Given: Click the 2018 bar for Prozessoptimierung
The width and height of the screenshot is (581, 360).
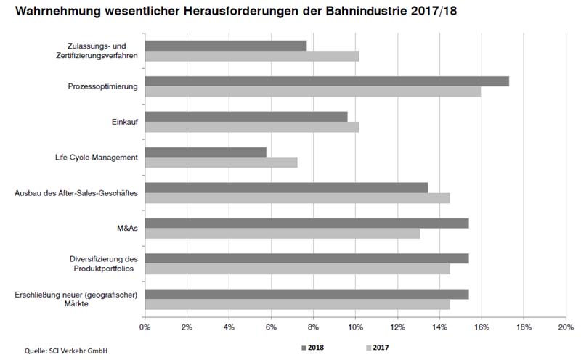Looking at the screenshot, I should coord(327,81).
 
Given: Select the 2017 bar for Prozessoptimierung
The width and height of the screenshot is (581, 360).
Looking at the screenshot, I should coord(313,91).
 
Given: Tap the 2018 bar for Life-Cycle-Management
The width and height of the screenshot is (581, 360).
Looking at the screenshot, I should coord(206,152).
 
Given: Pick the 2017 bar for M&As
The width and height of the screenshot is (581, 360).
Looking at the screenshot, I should coord(283,234).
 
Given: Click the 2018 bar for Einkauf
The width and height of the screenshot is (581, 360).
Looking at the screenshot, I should coord(246,116).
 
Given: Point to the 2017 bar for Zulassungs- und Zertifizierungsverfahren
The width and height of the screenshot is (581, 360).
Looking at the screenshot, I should coord(252,56).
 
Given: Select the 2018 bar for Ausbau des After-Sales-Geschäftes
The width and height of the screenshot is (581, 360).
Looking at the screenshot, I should coord(286,187).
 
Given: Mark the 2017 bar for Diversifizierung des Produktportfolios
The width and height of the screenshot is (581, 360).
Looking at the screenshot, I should coord(297,269).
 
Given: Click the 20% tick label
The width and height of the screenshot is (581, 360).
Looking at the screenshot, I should coord(566,327).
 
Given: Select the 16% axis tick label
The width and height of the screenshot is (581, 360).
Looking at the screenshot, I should coord(482,327).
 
